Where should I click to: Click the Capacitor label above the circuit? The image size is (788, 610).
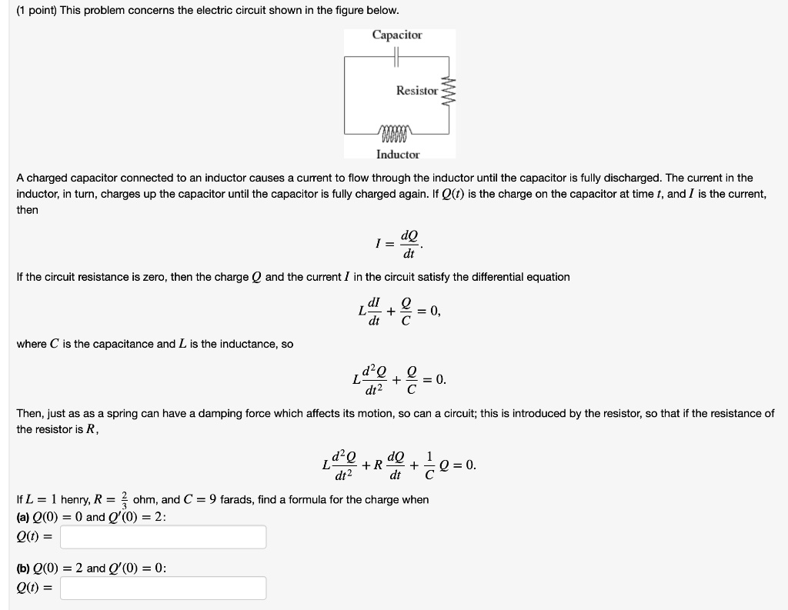point(397,35)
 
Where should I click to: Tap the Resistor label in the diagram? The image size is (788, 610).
point(416,91)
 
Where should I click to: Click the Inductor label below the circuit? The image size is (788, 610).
point(398,155)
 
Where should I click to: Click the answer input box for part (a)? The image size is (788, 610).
point(163,537)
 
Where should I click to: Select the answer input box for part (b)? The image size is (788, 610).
point(163,588)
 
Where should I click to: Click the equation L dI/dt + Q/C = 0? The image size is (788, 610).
point(399,311)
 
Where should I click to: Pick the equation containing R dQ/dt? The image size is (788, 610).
point(399,465)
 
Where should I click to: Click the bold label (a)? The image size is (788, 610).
point(24,517)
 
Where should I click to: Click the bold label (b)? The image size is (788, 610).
point(24,568)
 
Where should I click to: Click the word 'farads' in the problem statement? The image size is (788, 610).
point(238,500)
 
